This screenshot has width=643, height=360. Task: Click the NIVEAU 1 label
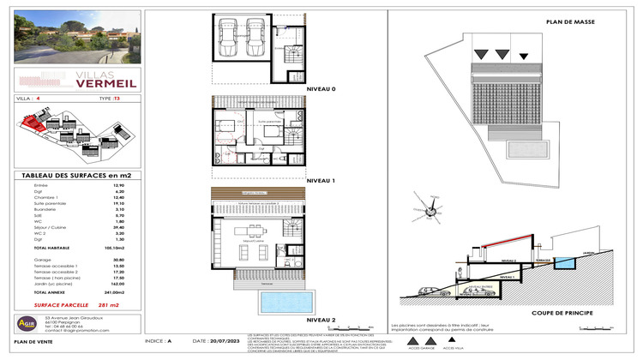click(x=320, y=181)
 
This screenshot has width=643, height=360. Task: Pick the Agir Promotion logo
click(x=27, y=325)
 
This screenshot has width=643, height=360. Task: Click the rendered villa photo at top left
click(x=72, y=37)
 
